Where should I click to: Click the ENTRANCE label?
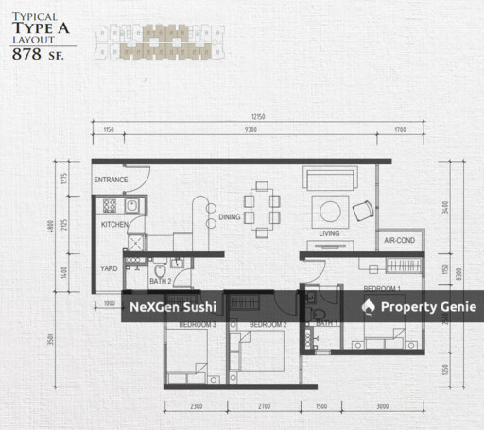tap(111, 180)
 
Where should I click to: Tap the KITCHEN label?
tap(114, 225)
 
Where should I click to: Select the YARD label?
tap(110, 269)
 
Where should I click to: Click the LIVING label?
tap(330, 233)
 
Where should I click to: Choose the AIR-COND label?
tap(399, 241)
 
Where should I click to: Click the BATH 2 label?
tap(161, 280)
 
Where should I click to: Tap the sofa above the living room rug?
tap(327, 178)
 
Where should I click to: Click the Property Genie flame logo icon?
tap(370, 306)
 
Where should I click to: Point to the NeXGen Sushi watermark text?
tap(173, 307)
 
